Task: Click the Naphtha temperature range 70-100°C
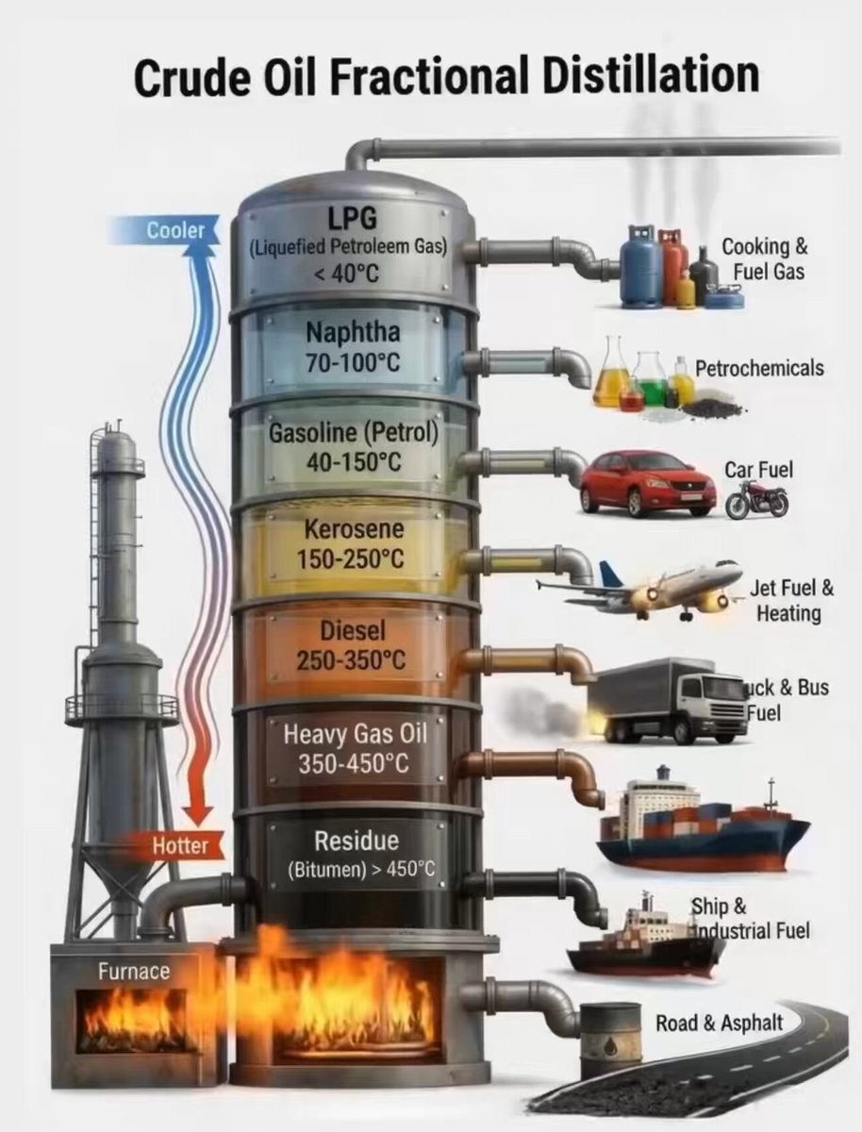[x=353, y=362]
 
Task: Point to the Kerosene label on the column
[x=355, y=529]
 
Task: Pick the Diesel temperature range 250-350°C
[x=351, y=660]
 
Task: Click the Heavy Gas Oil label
[x=356, y=733]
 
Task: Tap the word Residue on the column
[x=356, y=841]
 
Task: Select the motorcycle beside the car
[x=756, y=500]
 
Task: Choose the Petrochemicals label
[x=759, y=368]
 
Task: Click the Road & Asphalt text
[x=720, y=1023]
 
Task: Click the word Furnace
[x=134, y=972]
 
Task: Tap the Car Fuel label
[x=759, y=470]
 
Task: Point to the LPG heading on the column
[x=353, y=217]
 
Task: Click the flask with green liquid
[x=650, y=383]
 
